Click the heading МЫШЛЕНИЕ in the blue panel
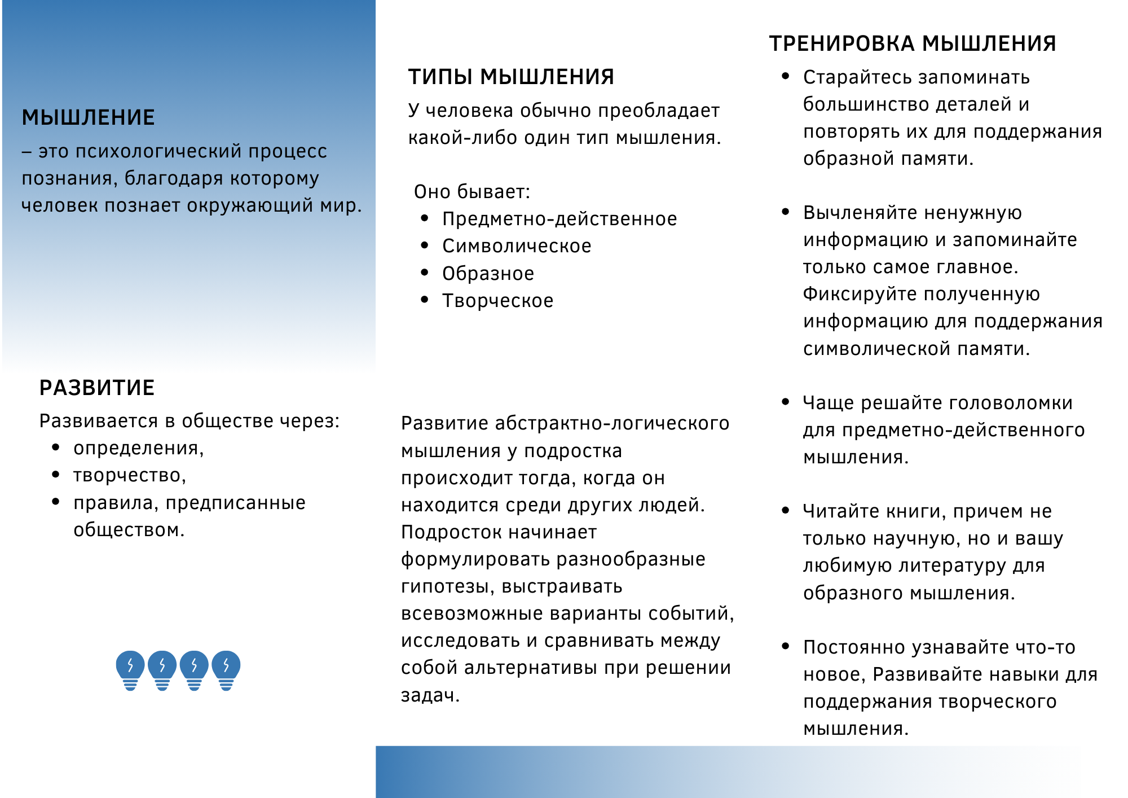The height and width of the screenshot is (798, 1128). click(x=88, y=117)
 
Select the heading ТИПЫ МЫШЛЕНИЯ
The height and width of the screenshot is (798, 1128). click(x=511, y=77)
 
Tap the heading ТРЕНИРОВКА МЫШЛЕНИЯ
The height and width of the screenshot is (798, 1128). click(x=913, y=43)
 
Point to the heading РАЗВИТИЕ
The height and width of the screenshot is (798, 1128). click(x=97, y=388)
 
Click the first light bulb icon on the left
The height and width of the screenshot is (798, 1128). click(x=130, y=670)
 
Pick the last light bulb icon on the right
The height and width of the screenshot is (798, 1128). click(x=226, y=670)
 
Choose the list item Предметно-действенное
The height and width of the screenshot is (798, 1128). click(x=559, y=219)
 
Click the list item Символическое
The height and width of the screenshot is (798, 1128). click(x=517, y=246)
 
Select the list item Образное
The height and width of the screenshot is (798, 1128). click(x=488, y=274)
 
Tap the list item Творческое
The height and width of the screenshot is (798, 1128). click(x=497, y=301)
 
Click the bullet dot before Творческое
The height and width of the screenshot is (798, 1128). click(x=425, y=300)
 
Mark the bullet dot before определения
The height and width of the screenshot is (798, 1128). click(x=55, y=448)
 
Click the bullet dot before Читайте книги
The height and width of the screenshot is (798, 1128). click(x=786, y=510)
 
